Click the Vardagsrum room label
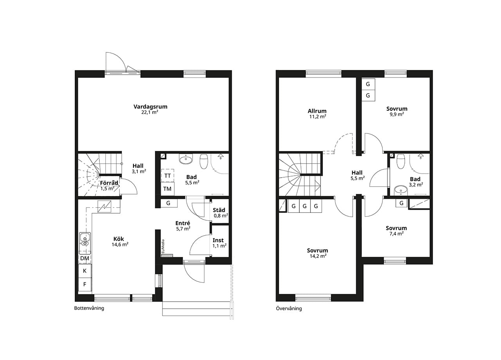click(150, 107)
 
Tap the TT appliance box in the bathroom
click(168, 176)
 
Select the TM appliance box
click(168, 189)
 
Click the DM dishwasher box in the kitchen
click(85, 258)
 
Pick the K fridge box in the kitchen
click(85, 271)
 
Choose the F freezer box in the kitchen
click(85, 284)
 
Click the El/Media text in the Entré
click(163, 246)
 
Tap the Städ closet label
click(219, 210)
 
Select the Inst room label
click(218, 240)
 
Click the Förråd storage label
click(109, 183)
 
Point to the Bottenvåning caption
click(89, 308)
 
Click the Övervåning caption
click(289, 308)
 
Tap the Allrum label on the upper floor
click(317, 111)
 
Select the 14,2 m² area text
click(318, 256)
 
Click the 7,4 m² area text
click(396, 234)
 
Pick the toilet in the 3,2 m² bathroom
click(400, 162)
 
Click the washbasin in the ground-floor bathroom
click(186, 159)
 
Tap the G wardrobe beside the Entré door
click(168, 203)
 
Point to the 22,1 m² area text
click(150, 112)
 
